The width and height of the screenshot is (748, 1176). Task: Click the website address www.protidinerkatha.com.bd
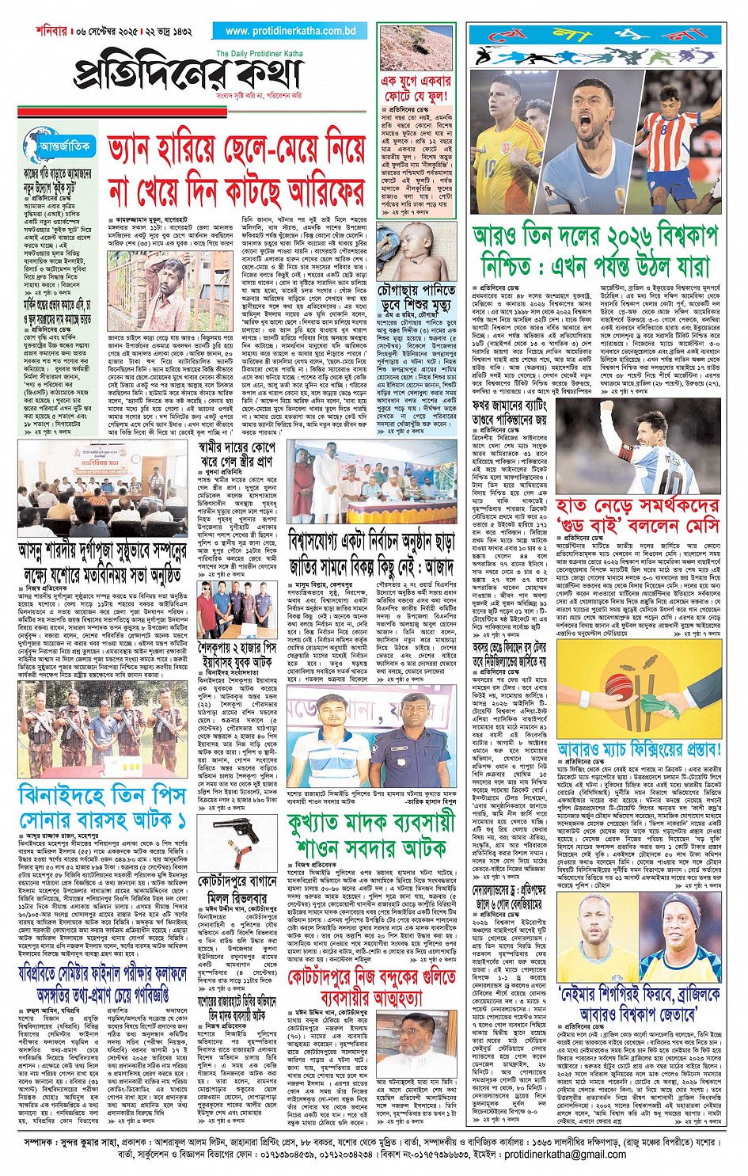point(290,31)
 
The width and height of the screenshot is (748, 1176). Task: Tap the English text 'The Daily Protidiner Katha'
point(259,54)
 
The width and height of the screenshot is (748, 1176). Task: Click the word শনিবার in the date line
point(54,31)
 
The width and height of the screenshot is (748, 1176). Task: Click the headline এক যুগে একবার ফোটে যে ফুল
point(416,88)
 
